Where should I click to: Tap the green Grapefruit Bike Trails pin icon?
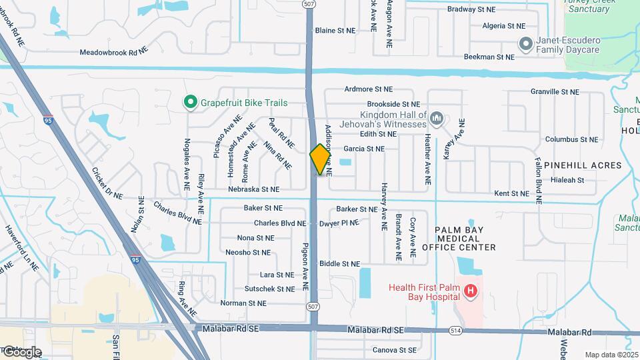pos(191,103)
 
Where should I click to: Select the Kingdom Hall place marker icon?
pos(437,119)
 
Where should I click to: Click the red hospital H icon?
pos(471,291)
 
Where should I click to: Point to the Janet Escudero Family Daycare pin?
pos(525,44)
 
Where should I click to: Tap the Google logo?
pos(21,352)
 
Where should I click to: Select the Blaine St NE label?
pos(335,31)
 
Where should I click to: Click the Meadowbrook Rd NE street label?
pos(113,51)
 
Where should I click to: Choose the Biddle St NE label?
pos(340,264)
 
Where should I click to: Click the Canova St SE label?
pos(395,350)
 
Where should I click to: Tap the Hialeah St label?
pos(568,180)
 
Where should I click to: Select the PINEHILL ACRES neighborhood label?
pos(583,165)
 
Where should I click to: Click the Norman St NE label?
pos(243,303)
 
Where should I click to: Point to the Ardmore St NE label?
pos(371,89)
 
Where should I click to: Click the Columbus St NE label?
pos(571,139)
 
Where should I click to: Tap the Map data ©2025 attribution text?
pos(612,355)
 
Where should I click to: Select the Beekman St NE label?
pos(489,57)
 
